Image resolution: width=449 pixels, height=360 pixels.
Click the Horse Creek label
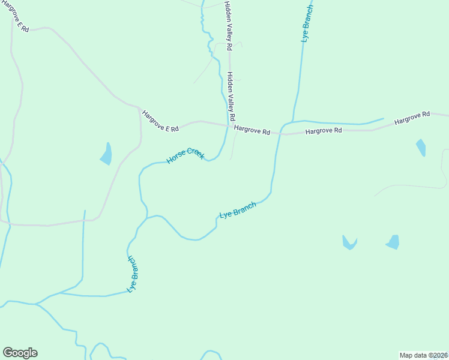pos(185,155)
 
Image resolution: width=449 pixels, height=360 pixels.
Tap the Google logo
pos(20,353)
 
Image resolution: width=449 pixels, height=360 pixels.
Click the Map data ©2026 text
pos(423,355)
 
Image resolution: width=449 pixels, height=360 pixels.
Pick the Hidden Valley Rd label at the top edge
pos(228,21)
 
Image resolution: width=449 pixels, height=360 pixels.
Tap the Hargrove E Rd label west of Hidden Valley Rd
pos(160,121)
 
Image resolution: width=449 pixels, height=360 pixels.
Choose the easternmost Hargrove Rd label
pos(412,118)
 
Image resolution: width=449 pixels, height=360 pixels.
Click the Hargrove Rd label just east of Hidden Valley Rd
pos(252,130)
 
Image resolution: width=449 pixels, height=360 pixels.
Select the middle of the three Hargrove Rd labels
pos(323,131)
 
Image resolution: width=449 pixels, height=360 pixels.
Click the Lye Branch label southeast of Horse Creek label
pos(238,209)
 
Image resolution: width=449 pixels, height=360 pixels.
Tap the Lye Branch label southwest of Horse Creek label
pos(133,274)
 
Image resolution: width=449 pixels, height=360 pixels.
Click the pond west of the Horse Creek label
pos(106,154)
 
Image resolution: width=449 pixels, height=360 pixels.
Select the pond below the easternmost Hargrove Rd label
pos(421,147)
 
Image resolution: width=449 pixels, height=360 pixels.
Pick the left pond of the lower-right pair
pos(349,242)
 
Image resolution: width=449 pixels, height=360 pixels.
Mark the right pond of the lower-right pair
pos(393,242)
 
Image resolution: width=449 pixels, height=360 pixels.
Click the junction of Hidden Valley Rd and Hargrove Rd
pos(228,125)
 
